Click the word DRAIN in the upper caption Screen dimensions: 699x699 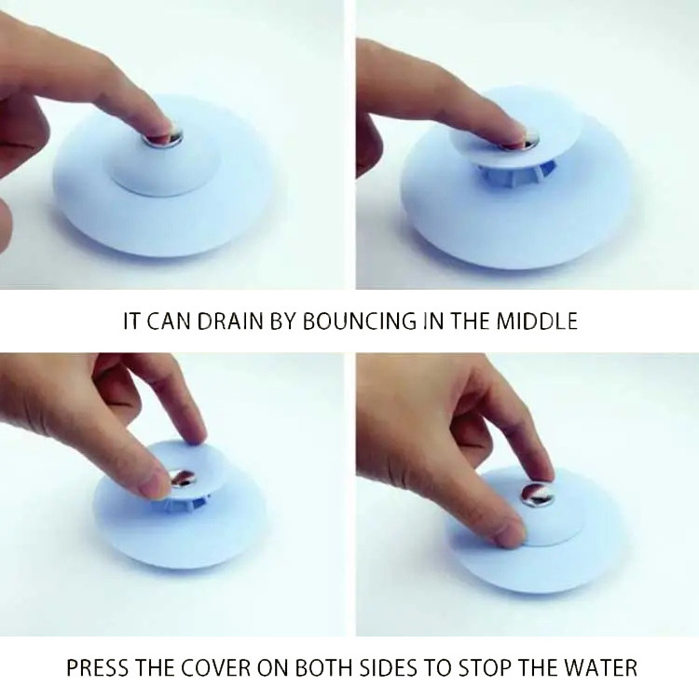click(x=228, y=322)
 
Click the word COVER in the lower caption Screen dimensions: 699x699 click(x=224, y=668)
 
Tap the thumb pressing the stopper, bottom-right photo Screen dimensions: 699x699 click(x=508, y=531)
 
